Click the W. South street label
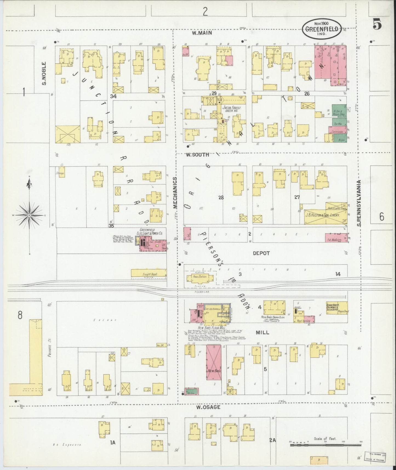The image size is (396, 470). [197, 155]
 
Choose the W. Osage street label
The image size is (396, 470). [208, 407]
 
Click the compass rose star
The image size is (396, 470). [29, 216]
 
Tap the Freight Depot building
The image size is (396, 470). [149, 273]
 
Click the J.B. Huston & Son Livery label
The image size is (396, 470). [323, 215]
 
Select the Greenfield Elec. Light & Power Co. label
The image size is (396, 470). [151, 232]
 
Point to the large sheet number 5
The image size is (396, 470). [377, 25]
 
